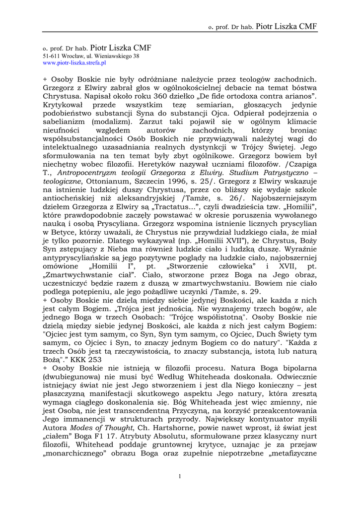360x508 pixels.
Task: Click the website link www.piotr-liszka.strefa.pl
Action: tap(74, 63)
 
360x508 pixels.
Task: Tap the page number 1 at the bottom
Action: tap(179, 477)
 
